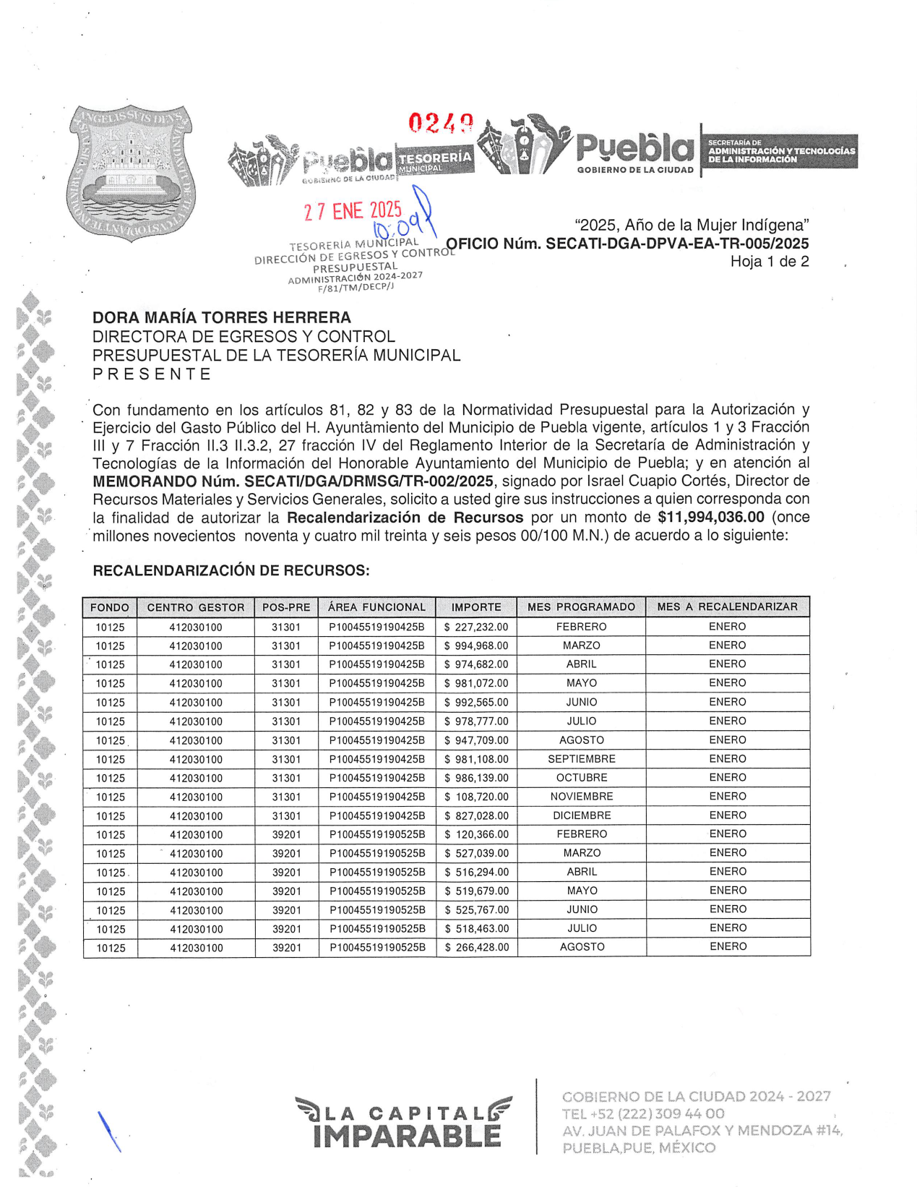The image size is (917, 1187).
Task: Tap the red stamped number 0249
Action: pos(441,123)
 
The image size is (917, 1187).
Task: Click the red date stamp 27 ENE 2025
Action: pos(353,211)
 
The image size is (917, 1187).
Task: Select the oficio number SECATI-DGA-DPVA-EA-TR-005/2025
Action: pos(627,244)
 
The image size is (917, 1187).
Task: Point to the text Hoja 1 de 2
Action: pos(769,262)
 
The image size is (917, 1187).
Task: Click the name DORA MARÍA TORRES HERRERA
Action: pos(222,317)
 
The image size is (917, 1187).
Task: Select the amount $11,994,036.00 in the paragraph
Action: pos(710,517)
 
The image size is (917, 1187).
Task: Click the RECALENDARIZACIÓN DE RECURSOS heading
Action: pos(231,570)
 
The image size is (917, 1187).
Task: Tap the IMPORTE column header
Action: pos(476,607)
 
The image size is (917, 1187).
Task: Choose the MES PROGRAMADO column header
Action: pos(581,607)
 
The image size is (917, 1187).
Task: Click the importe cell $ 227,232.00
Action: pos(476,627)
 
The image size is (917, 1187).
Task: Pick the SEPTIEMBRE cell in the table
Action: pos(581,759)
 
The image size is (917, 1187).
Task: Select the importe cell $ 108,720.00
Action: pos(476,797)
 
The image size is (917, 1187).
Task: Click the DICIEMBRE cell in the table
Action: pos(581,815)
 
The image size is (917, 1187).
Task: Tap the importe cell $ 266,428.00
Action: pos(476,947)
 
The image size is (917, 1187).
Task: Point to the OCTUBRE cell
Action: pos(581,778)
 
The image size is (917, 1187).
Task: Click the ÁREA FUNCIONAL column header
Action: pos(376,607)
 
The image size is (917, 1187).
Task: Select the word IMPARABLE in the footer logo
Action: pos(407,1136)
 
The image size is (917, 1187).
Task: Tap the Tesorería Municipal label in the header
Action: pos(435,160)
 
